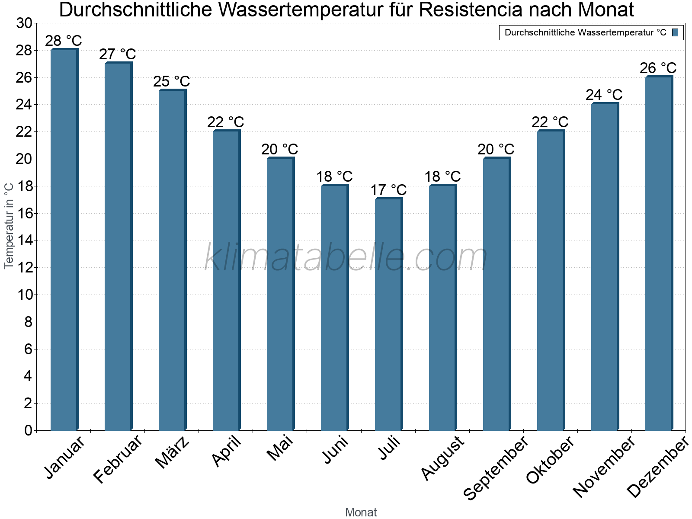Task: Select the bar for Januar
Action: click(x=64, y=240)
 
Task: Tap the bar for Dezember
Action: click(x=659, y=253)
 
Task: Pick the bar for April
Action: click(x=226, y=281)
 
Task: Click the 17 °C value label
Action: click(x=388, y=190)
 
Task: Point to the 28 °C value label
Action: click(x=64, y=41)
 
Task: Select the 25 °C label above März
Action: click(x=172, y=81)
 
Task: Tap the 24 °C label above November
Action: click(x=604, y=95)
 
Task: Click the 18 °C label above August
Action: click(x=442, y=176)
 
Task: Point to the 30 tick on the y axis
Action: click(x=24, y=23)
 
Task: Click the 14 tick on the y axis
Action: click(x=24, y=240)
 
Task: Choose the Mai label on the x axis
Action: click(x=280, y=448)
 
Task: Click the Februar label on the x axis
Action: click(x=118, y=459)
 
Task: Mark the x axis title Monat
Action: click(x=361, y=512)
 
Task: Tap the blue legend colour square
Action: click(x=675, y=32)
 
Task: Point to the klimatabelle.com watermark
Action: click(x=346, y=257)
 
